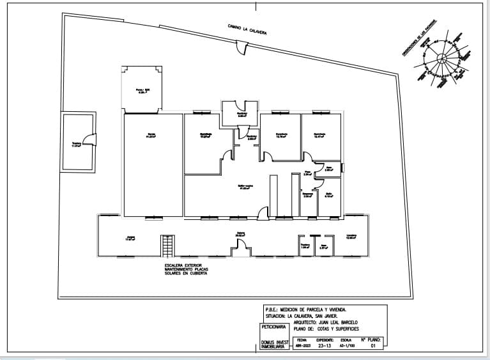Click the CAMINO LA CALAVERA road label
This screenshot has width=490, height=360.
[x=247, y=29]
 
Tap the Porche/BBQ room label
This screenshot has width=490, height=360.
[x=142, y=91]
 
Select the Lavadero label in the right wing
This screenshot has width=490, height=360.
[x=351, y=237]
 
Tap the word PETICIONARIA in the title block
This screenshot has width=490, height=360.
[x=273, y=327]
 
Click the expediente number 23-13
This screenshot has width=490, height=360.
[x=325, y=346]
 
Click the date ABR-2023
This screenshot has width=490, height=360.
[x=302, y=346]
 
